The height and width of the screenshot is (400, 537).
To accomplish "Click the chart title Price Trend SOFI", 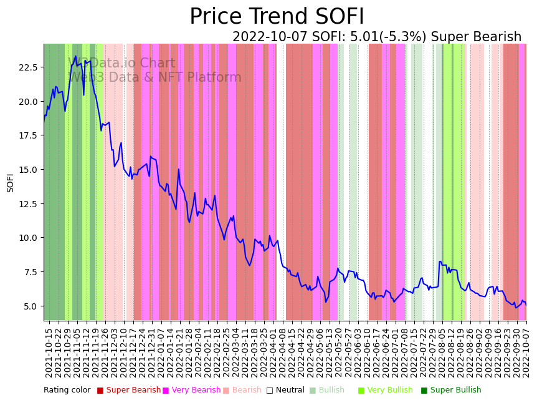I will tap(277, 17).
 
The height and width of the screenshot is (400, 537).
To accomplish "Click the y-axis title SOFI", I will tap(10, 182).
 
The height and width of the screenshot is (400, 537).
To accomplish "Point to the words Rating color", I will tap(67, 390).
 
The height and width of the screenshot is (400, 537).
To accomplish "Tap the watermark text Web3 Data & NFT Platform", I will tap(154, 77).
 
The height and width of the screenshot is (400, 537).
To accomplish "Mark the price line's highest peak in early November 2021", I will tap(76, 56).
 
